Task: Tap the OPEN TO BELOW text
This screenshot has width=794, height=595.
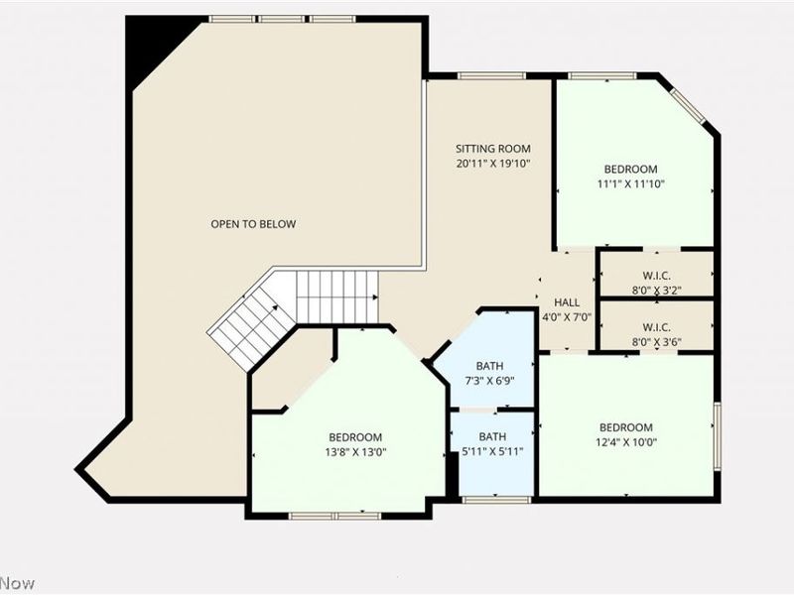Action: click(x=253, y=224)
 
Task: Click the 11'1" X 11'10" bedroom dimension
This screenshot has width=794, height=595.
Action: click(x=630, y=183)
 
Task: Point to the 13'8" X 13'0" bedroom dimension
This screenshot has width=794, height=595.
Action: click(x=355, y=452)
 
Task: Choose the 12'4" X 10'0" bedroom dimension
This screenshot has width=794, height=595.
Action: click(x=625, y=442)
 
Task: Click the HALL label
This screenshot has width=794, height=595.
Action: click(x=567, y=302)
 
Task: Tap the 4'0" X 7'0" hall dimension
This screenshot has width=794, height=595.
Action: click(x=567, y=317)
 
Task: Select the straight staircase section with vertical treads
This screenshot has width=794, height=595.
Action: click(x=336, y=297)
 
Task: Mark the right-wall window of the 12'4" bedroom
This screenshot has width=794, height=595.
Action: click(x=717, y=433)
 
